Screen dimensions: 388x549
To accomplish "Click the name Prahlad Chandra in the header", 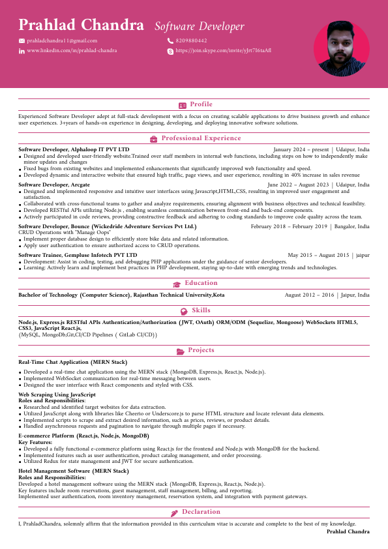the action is [x=81, y=25].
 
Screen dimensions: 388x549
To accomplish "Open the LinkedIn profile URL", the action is [x=72, y=50].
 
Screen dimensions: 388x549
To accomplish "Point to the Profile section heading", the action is [x=201, y=104].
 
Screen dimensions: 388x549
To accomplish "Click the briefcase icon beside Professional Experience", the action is [x=153, y=139].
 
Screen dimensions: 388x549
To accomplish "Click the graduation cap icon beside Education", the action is [x=177, y=284].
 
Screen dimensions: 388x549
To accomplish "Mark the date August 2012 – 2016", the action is [x=310, y=295].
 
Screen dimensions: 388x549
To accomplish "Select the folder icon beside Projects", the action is [x=181, y=351].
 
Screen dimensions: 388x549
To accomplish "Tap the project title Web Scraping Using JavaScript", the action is [x=57, y=394].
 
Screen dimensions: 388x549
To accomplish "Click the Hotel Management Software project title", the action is [x=74, y=470].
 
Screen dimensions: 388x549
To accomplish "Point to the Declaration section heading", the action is [x=201, y=512].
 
